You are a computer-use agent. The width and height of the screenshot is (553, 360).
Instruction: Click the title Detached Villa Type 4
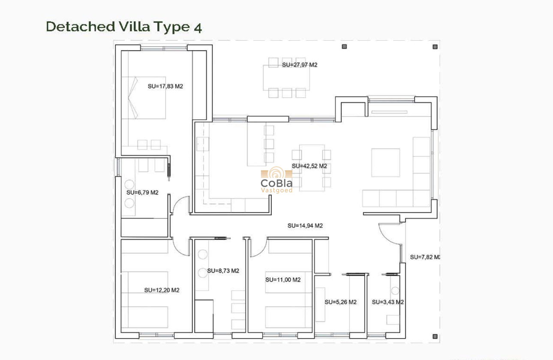pyautogui.click(x=123, y=27)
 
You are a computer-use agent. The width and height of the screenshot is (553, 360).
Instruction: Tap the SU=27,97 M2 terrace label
pyautogui.click(x=300, y=65)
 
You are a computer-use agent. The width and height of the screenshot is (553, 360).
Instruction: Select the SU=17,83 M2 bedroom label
pyautogui.click(x=165, y=86)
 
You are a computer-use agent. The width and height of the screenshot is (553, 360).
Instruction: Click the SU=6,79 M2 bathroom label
pyautogui.click(x=142, y=192)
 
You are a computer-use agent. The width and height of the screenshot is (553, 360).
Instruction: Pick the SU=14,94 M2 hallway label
pyautogui.click(x=305, y=225)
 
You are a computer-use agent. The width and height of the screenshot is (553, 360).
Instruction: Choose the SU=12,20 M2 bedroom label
pyautogui.click(x=162, y=290)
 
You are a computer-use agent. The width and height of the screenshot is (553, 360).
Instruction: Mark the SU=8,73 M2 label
pyautogui.click(x=223, y=271)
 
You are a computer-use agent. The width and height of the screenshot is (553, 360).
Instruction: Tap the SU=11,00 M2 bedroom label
pyautogui.click(x=283, y=280)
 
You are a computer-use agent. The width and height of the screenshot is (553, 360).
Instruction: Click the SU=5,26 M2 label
pyautogui.click(x=340, y=302)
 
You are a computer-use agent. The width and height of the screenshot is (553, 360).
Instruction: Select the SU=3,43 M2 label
pyautogui.click(x=388, y=302)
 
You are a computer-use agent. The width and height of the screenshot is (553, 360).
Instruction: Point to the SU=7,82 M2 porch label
pyautogui.click(x=425, y=257)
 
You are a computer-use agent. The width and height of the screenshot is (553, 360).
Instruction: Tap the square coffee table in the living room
pyautogui.click(x=385, y=162)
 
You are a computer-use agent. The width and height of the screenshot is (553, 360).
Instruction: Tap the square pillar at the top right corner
pyautogui.click(x=435, y=47)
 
